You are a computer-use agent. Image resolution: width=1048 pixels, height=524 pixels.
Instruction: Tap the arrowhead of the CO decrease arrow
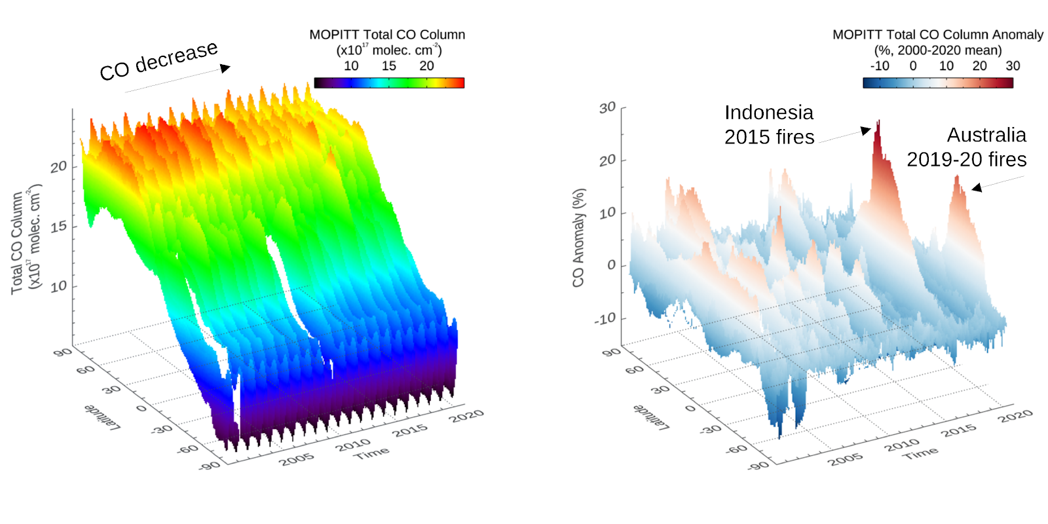tap(225, 68)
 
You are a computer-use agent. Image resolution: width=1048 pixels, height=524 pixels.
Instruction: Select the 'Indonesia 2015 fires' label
tap(769, 124)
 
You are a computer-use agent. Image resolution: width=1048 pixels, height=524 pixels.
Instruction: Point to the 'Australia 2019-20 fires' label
tap(967, 147)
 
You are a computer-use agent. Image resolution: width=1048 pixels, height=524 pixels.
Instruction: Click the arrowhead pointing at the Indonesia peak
tap(867, 130)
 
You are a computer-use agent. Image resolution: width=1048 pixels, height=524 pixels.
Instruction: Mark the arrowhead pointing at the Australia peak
tap(977, 188)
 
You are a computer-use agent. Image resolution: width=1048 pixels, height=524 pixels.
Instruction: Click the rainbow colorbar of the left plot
tap(389, 83)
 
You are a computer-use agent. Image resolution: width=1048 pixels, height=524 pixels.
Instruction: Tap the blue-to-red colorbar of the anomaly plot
tap(938, 83)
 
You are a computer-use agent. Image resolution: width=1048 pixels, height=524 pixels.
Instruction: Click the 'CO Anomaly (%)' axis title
tap(578, 238)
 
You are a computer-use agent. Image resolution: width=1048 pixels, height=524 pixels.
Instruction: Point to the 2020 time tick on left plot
tap(467, 415)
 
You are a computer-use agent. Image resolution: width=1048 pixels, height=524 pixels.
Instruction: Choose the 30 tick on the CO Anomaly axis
tap(607, 107)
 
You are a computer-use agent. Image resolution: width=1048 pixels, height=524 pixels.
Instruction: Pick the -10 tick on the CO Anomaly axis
tap(605, 319)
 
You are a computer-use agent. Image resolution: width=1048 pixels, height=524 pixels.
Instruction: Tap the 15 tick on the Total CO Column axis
tap(59, 227)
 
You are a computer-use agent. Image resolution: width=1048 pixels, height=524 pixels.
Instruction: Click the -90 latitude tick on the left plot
tap(210, 465)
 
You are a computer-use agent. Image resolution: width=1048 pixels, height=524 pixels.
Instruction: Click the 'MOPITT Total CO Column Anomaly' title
tap(938, 35)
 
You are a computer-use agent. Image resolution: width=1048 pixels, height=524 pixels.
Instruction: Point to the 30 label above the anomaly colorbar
tap(1013, 65)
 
